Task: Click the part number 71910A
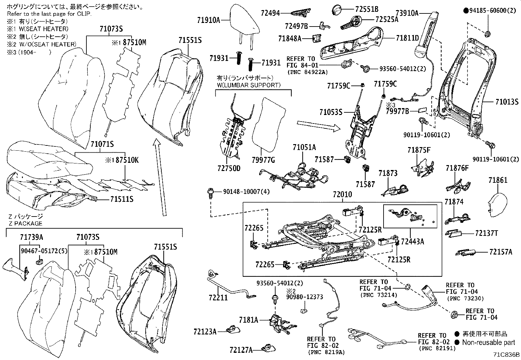click(x=208, y=20)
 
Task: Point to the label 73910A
click(x=407, y=13)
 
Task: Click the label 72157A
click(x=501, y=252)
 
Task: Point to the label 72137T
click(x=486, y=233)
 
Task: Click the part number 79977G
click(x=264, y=160)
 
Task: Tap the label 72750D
click(x=229, y=168)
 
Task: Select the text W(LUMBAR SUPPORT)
click(x=249, y=85)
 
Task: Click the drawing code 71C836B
click(x=507, y=354)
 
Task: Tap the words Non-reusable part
click(x=488, y=342)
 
